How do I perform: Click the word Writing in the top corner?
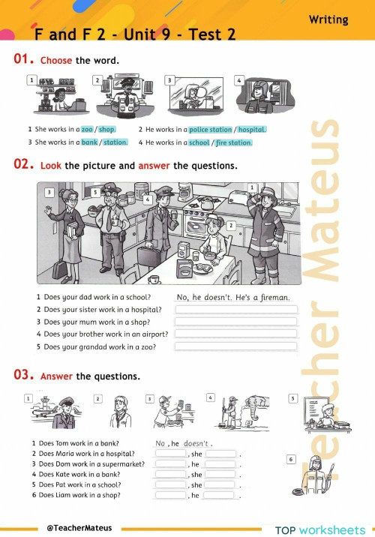tap(328, 19)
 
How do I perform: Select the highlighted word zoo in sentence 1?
tap(87, 129)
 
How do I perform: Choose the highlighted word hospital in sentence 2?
tap(252, 129)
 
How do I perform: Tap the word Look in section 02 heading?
tap(51, 166)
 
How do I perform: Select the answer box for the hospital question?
tap(235, 309)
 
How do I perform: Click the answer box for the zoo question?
tap(235, 346)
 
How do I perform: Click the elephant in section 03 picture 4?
tap(255, 409)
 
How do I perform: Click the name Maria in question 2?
tap(64, 454)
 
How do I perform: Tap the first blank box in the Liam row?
tap(170, 495)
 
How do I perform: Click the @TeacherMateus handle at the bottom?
tap(79, 527)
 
